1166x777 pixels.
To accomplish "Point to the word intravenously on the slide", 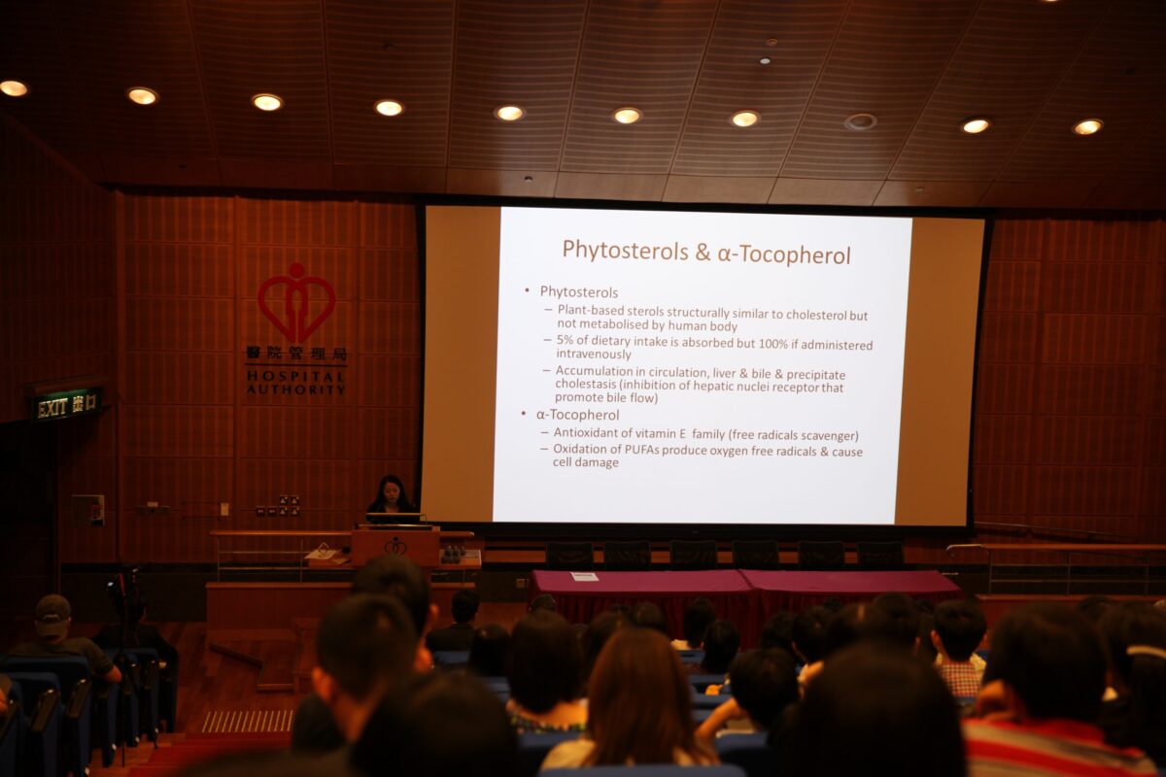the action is click(594, 354).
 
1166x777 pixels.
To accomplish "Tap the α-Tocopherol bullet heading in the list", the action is click(577, 415).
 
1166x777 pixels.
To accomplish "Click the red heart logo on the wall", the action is click(296, 303).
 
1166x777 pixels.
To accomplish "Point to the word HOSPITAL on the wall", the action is click(295, 376).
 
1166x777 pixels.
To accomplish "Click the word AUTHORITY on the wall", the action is click(295, 389).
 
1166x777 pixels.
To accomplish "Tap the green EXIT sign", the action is click(67, 405).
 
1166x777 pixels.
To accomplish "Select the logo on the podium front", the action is click(395, 546).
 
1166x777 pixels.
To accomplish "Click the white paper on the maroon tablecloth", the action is click(584, 576).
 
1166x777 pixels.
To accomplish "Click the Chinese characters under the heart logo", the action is click(296, 354).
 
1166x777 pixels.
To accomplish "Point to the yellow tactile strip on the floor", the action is click(247, 721).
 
